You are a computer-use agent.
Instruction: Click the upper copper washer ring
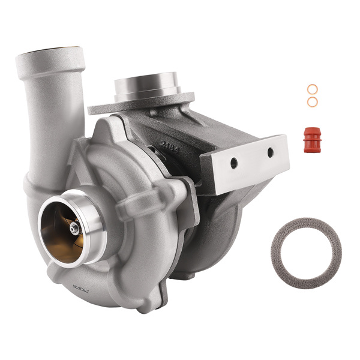[312, 89]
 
